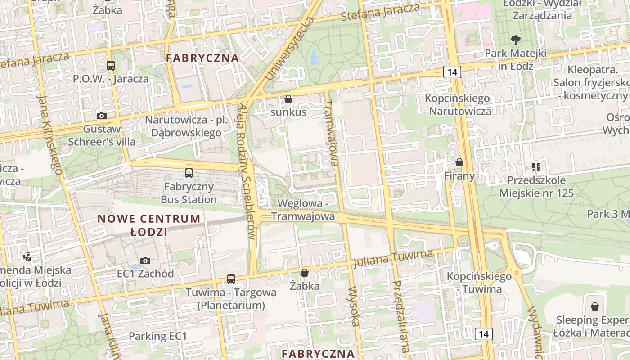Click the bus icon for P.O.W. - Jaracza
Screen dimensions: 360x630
111,66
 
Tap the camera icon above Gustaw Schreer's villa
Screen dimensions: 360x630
102,116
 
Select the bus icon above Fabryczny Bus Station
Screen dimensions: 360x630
189,173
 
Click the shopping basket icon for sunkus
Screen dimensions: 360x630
288,99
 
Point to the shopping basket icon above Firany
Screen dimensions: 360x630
459,162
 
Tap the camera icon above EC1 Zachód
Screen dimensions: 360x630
145,261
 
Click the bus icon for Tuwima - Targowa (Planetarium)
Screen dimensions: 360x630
231,279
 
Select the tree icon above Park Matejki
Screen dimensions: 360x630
515,40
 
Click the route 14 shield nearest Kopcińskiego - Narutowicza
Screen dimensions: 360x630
452,72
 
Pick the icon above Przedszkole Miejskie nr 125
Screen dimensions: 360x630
536,167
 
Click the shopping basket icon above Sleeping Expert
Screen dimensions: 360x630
595,306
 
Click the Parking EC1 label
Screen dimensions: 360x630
157,336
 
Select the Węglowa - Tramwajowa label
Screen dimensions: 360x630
303,210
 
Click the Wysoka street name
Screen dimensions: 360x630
354,306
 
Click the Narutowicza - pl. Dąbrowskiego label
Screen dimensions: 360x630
186,126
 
